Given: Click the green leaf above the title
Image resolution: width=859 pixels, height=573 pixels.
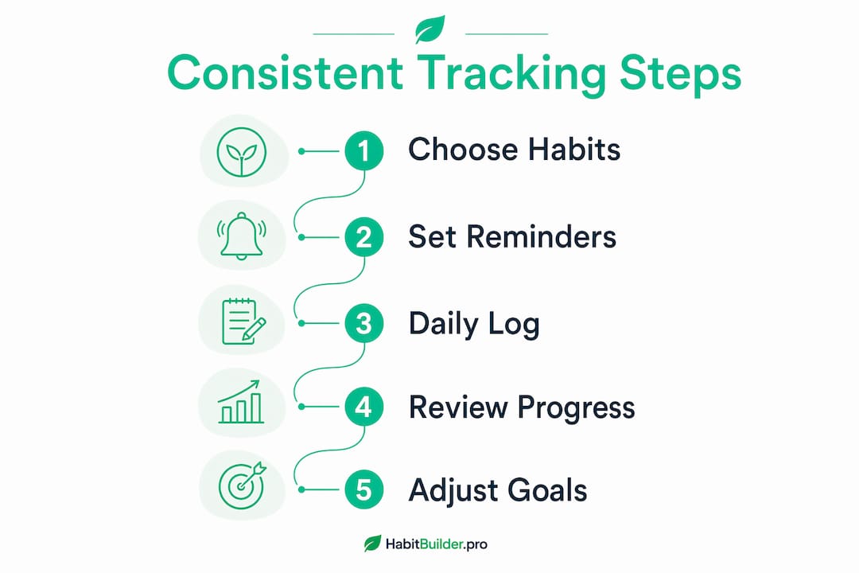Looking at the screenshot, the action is click(x=429, y=29).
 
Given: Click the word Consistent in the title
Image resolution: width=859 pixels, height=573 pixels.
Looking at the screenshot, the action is click(x=286, y=72).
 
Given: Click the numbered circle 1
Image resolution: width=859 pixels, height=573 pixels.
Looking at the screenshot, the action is click(x=363, y=150).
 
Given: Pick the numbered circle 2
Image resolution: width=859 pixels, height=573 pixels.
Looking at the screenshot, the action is click(x=363, y=237).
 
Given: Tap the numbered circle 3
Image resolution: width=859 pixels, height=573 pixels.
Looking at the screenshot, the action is click(x=363, y=324).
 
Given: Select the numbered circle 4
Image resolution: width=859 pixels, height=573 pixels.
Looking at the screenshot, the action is click(x=363, y=407).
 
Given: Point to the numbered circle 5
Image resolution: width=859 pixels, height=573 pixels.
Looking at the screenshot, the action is click(x=363, y=489).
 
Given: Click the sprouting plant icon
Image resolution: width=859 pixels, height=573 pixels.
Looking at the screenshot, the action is click(x=242, y=152).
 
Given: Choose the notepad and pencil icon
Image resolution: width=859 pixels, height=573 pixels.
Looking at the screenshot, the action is click(x=243, y=322).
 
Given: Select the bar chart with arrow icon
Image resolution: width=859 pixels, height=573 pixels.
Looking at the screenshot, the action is click(x=240, y=402).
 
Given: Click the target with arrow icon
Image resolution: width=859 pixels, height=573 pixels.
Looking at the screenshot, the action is click(x=242, y=485).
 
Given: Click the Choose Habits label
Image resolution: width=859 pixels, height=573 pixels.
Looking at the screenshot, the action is click(x=514, y=150).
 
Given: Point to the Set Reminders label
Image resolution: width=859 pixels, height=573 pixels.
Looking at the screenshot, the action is click(x=512, y=236).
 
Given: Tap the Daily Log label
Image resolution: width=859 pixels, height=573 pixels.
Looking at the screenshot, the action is click(x=474, y=324).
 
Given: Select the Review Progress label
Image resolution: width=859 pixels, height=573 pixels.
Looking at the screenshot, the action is click(x=522, y=408).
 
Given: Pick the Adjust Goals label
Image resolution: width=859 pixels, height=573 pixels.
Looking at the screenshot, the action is click(x=497, y=491).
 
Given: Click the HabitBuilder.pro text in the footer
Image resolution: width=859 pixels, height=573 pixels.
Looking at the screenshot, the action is click(x=436, y=544).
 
